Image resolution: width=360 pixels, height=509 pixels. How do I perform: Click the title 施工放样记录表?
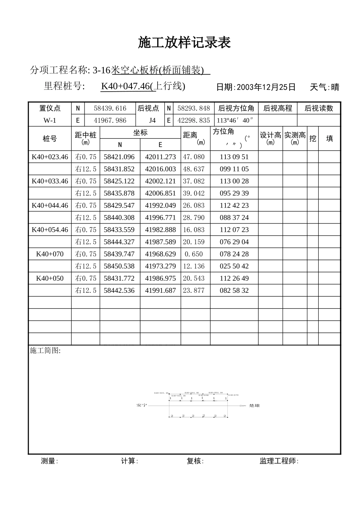184,43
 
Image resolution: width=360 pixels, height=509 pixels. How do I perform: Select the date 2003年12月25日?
266,87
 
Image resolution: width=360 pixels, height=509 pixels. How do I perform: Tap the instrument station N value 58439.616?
110,108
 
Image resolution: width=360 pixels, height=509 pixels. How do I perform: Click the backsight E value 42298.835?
193,120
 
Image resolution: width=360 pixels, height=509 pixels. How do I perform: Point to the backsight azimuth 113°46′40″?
235,120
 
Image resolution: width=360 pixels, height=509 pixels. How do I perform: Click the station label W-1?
50,120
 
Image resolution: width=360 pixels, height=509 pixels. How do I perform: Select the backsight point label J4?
152,120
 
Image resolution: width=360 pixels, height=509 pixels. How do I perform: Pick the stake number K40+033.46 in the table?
50,181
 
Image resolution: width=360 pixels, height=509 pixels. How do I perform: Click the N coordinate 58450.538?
119,266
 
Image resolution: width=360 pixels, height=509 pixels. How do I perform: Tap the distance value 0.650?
194,254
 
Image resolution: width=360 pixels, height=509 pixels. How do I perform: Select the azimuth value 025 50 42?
234,266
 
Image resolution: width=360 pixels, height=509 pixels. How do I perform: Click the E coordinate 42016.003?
160,169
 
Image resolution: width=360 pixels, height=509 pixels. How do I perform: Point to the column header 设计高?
270,136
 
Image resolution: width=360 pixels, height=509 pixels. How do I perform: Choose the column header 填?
329,139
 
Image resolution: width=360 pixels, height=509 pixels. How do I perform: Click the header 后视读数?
319,108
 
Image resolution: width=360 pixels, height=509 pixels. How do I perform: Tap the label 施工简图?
45,351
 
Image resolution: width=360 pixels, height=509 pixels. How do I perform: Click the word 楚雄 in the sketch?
254,406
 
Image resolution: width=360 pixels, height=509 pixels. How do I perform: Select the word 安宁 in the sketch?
141,405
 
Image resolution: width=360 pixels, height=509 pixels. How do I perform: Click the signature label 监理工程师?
279,461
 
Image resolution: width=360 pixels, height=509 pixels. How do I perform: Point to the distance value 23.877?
194,290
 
